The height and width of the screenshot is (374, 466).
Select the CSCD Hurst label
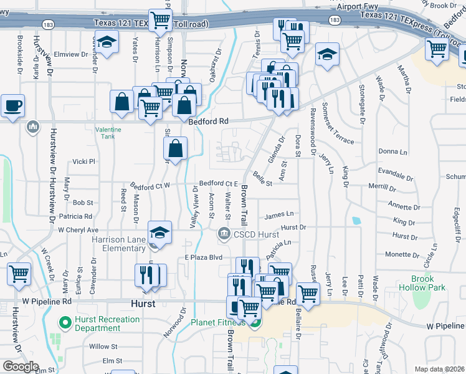click(x=255, y=234)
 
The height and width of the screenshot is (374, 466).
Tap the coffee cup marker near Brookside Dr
click(x=12, y=105)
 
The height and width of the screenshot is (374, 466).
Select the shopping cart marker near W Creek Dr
click(x=19, y=273)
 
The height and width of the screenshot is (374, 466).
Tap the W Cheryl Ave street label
click(x=78, y=229)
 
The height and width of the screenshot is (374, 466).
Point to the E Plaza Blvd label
click(x=203, y=257)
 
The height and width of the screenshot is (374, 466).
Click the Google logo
click(x=21, y=367)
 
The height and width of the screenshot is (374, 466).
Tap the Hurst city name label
click(x=143, y=304)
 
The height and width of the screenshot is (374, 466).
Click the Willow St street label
click(x=103, y=346)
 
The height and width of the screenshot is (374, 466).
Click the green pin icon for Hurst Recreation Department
click(x=63, y=322)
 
